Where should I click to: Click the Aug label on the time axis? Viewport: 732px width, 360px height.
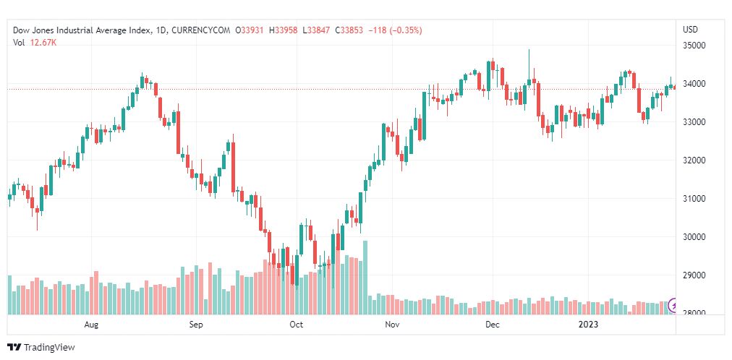click(91, 325)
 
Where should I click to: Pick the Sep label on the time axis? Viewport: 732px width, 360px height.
click(197, 325)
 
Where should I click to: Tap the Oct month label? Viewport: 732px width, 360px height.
click(296, 325)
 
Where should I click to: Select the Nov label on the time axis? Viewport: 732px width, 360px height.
click(392, 325)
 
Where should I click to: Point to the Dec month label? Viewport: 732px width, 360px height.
click(493, 325)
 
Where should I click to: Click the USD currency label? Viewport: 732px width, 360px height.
click(690, 30)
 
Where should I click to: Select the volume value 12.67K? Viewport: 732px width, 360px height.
click(43, 42)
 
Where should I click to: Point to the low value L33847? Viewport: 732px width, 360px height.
click(317, 30)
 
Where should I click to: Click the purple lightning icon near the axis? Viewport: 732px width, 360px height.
click(675, 305)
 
